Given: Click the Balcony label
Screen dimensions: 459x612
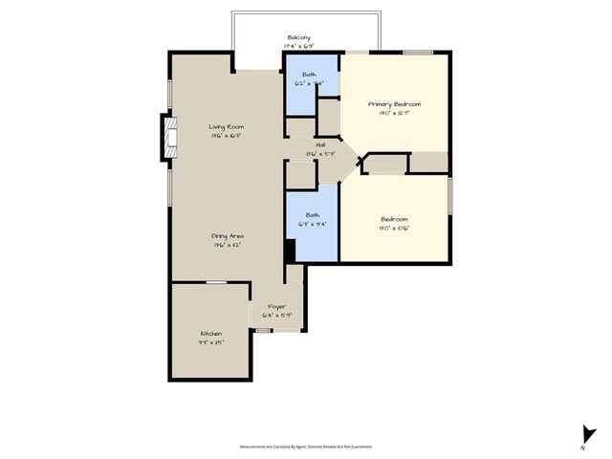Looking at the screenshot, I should tap(298, 37).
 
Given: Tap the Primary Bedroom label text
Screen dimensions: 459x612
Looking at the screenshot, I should tap(395, 103).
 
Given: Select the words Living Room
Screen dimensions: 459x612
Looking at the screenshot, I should tap(227, 127).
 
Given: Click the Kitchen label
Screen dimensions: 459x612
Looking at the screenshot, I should tap(210, 334).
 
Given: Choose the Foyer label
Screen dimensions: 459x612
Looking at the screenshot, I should tap(276, 306).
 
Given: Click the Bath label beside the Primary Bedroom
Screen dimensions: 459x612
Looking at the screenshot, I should tap(310, 75).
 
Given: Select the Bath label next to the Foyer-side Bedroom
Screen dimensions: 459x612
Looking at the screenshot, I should tap(313, 215).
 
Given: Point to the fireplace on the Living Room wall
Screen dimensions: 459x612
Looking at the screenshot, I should tap(169, 136).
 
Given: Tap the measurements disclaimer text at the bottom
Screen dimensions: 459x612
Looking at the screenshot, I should tap(306, 446).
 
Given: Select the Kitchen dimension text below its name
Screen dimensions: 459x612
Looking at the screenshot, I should tap(210, 341).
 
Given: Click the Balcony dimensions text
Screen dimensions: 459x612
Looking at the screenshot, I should tap(298, 46).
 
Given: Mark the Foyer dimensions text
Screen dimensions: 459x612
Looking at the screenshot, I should tap(276, 314).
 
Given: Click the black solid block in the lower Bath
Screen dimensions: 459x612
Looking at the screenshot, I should tap(290, 249).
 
